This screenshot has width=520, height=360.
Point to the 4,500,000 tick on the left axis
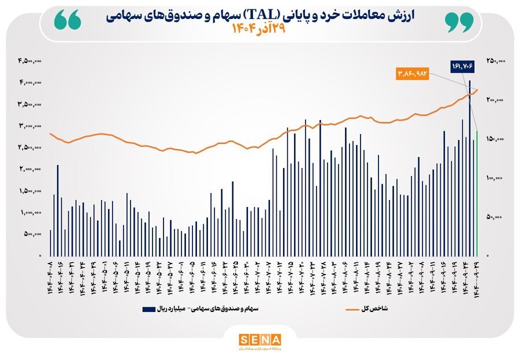point(29,60)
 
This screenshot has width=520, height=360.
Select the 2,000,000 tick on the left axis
point(29,169)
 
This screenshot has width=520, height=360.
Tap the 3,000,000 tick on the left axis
point(29,125)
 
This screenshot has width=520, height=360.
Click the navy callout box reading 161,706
point(462,66)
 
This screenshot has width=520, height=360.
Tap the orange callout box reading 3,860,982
point(412,74)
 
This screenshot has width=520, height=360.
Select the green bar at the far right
point(477,193)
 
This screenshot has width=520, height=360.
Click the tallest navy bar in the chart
point(470,168)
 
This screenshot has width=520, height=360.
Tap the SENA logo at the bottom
point(259,339)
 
